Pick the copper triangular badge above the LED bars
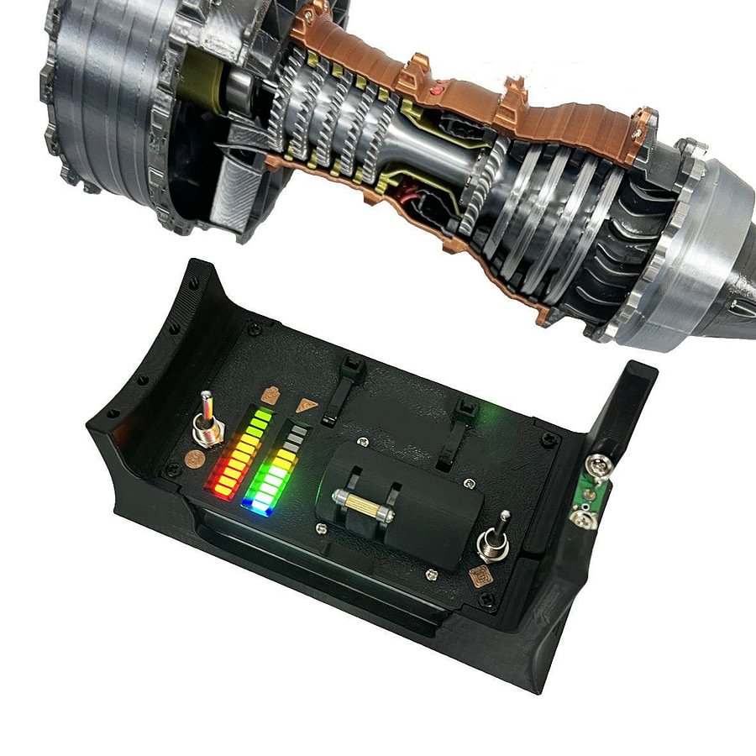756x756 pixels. click(x=307, y=405)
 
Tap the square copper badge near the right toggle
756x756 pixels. click(x=480, y=577)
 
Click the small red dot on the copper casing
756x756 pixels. click(x=435, y=88)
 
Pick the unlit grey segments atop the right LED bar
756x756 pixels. click(x=295, y=438)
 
